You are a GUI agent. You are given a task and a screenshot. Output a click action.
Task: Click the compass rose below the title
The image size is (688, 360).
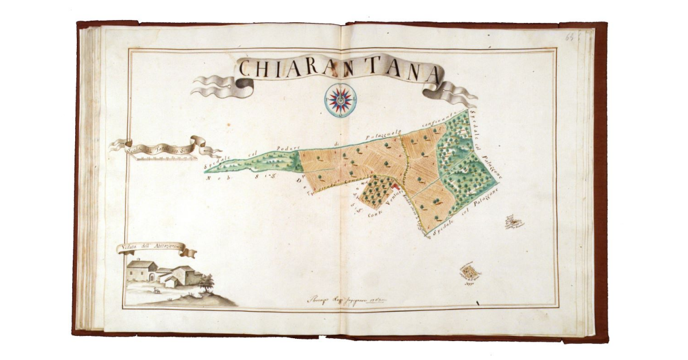[339, 99]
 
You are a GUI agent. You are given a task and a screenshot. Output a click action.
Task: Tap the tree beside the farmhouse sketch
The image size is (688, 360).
[208, 281]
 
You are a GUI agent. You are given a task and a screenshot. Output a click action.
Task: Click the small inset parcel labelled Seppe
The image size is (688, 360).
[471, 272]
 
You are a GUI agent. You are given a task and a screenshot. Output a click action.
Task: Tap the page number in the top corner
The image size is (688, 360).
[570, 37]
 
